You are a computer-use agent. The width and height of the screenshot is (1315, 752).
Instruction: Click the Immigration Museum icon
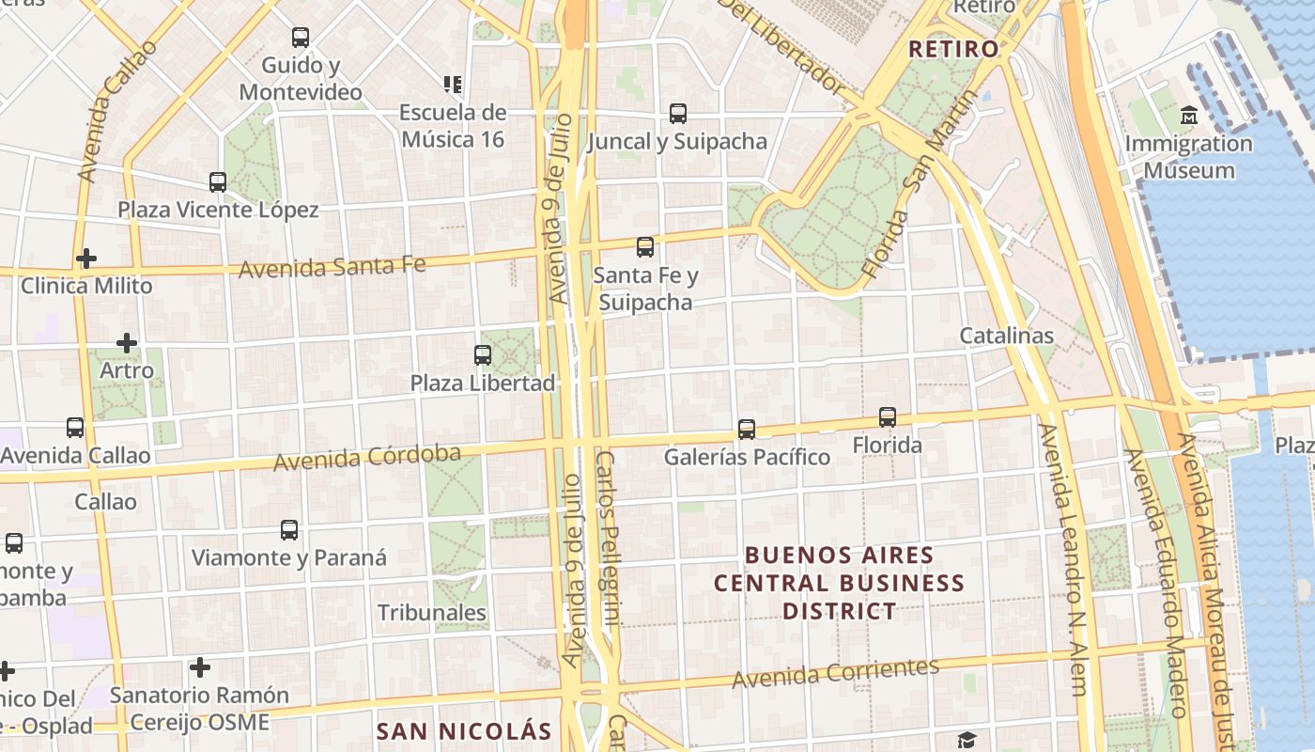[1190, 116]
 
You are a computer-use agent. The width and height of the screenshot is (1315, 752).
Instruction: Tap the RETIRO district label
[953, 49]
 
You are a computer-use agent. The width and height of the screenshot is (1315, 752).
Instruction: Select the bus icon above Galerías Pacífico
[747, 429]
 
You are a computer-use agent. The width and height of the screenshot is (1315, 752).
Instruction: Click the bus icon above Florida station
[888, 416]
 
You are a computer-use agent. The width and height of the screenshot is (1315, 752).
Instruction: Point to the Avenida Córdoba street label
[367, 458]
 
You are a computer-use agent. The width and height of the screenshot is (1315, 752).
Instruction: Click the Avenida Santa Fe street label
[332, 267]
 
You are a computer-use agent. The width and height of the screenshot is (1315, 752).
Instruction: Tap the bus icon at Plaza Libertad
[483, 355]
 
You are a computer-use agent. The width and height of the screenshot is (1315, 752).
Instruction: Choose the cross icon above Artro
[127, 343]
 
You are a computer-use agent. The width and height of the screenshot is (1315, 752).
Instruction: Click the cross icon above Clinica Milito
[86, 258]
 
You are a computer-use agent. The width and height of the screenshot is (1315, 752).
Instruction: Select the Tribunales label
[432, 613]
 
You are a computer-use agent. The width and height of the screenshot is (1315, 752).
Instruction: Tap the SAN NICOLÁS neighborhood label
[464, 730]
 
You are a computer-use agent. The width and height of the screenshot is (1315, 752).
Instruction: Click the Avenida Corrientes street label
[835, 673]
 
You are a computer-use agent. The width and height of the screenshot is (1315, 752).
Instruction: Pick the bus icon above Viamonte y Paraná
[289, 530]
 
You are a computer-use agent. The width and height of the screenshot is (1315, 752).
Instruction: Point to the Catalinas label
[1006, 336]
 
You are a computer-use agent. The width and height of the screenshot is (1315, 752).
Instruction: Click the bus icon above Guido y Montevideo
[301, 38]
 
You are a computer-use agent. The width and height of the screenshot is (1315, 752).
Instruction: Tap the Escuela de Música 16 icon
[453, 85]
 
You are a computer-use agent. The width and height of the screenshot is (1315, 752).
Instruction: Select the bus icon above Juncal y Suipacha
[678, 114]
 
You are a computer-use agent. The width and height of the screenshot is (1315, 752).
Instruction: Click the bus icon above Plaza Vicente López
[218, 182]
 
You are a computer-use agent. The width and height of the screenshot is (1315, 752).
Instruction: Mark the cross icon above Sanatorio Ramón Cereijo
[199, 667]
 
